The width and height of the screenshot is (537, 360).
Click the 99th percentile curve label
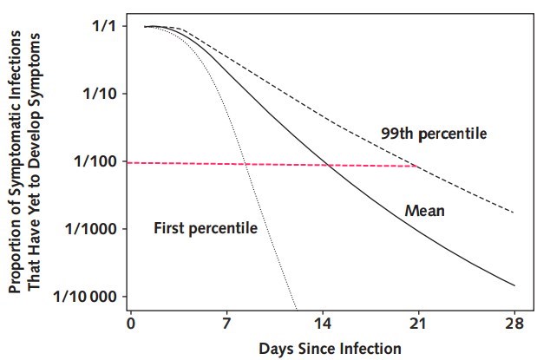(x=435, y=134)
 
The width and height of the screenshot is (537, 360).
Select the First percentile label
(x=206, y=228)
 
